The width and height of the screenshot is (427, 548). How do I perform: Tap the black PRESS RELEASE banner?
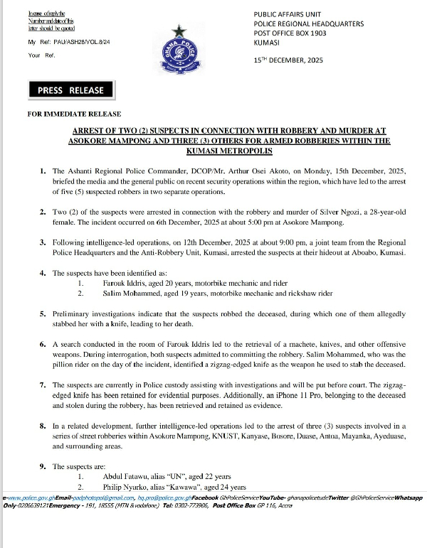point(71,90)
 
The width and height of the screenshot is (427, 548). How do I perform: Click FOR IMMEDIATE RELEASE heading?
point(75,114)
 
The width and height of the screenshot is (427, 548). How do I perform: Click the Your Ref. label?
point(41,54)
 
